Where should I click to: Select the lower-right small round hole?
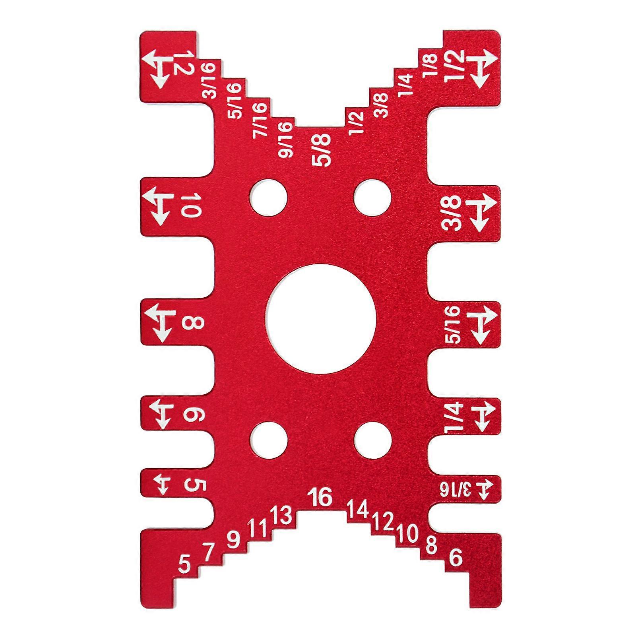373,440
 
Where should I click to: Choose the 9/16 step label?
287,140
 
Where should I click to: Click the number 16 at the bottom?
321,497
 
